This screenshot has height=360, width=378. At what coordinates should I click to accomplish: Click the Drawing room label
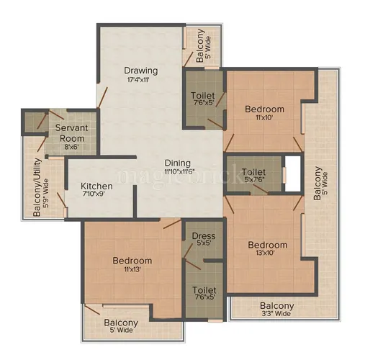click(140, 70)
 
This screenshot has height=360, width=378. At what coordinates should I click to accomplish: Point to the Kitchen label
click(97, 186)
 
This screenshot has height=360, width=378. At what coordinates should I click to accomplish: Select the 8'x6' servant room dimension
click(71, 146)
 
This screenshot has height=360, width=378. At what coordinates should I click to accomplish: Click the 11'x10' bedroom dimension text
click(264, 120)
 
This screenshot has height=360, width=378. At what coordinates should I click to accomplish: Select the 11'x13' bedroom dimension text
click(131, 270)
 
